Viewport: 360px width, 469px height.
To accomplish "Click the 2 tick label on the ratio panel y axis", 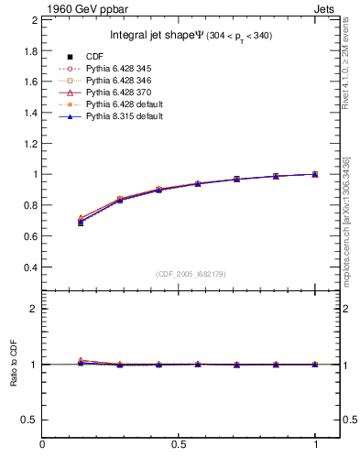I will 33,309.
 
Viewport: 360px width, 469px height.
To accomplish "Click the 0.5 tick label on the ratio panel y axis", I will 28,420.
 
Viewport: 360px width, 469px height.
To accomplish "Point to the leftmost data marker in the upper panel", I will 81,222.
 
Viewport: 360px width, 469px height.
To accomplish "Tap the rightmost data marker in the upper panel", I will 315,174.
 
